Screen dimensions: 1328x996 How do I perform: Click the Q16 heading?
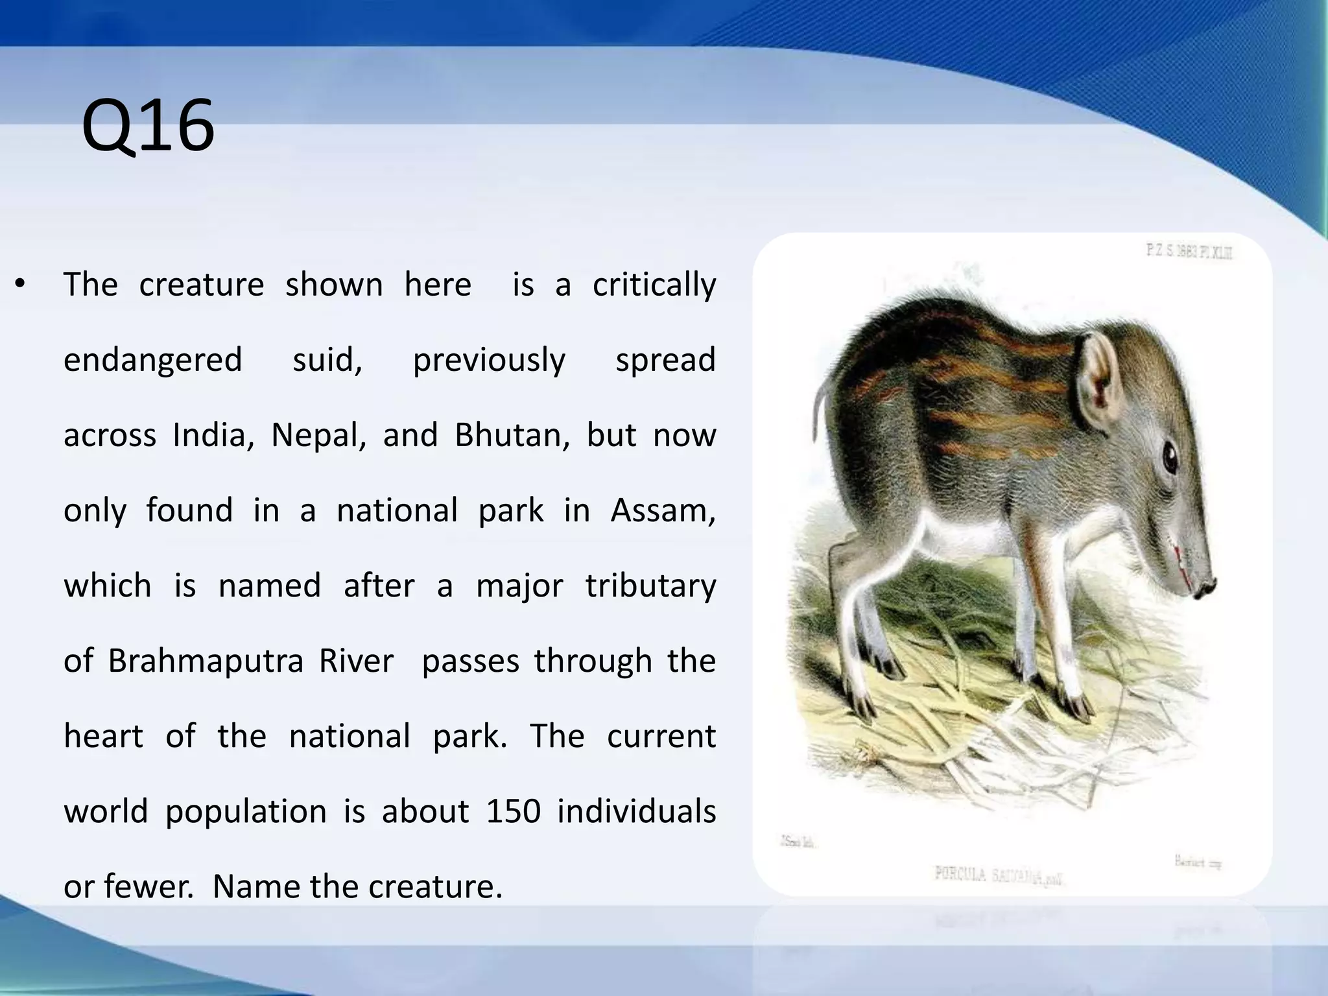148,126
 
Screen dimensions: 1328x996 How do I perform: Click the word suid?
327,360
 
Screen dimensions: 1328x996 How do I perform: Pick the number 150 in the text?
513,812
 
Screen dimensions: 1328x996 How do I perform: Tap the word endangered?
152,360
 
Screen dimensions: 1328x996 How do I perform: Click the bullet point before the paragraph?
20,285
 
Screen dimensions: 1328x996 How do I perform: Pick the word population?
246,812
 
